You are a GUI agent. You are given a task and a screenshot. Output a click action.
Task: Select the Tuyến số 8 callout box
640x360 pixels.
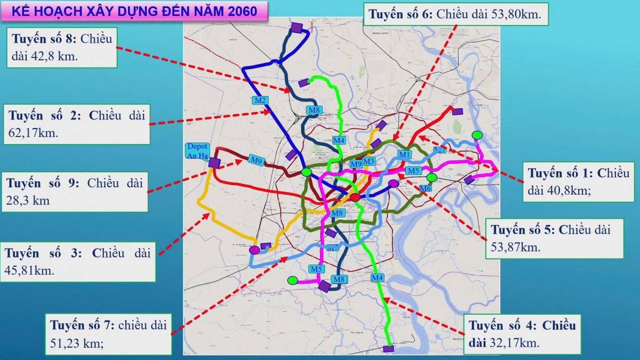click(x=62, y=47)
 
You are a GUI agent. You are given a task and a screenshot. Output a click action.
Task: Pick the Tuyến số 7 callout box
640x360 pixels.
click(x=108, y=334)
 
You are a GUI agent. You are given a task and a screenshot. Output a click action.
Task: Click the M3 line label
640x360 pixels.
click(x=369, y=162)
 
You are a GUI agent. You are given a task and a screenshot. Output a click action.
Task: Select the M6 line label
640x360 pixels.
click(x=425, y=188)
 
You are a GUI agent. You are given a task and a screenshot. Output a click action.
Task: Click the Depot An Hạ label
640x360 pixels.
click(x=197, y=151)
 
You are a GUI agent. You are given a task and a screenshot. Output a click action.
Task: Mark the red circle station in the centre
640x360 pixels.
click(x=355, y=198)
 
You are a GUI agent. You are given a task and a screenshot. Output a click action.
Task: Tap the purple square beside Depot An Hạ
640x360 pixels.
click(x=214, y=162)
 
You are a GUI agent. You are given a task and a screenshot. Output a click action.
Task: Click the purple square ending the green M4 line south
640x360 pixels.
click(x=389, y=349)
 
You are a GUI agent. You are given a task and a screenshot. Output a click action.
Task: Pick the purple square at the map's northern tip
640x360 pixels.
click(x=297, y=27)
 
